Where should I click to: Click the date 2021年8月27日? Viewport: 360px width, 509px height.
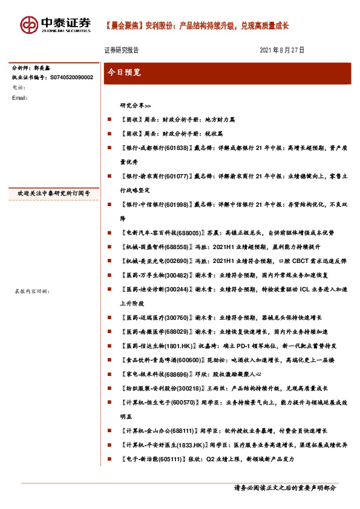[282, 50]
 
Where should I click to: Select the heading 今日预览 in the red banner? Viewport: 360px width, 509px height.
[124, 72]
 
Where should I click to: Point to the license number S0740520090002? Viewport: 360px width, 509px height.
[67, 78]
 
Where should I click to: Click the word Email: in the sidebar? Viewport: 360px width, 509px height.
[20, 97]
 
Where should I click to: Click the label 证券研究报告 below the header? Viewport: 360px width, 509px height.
[122, 50]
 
